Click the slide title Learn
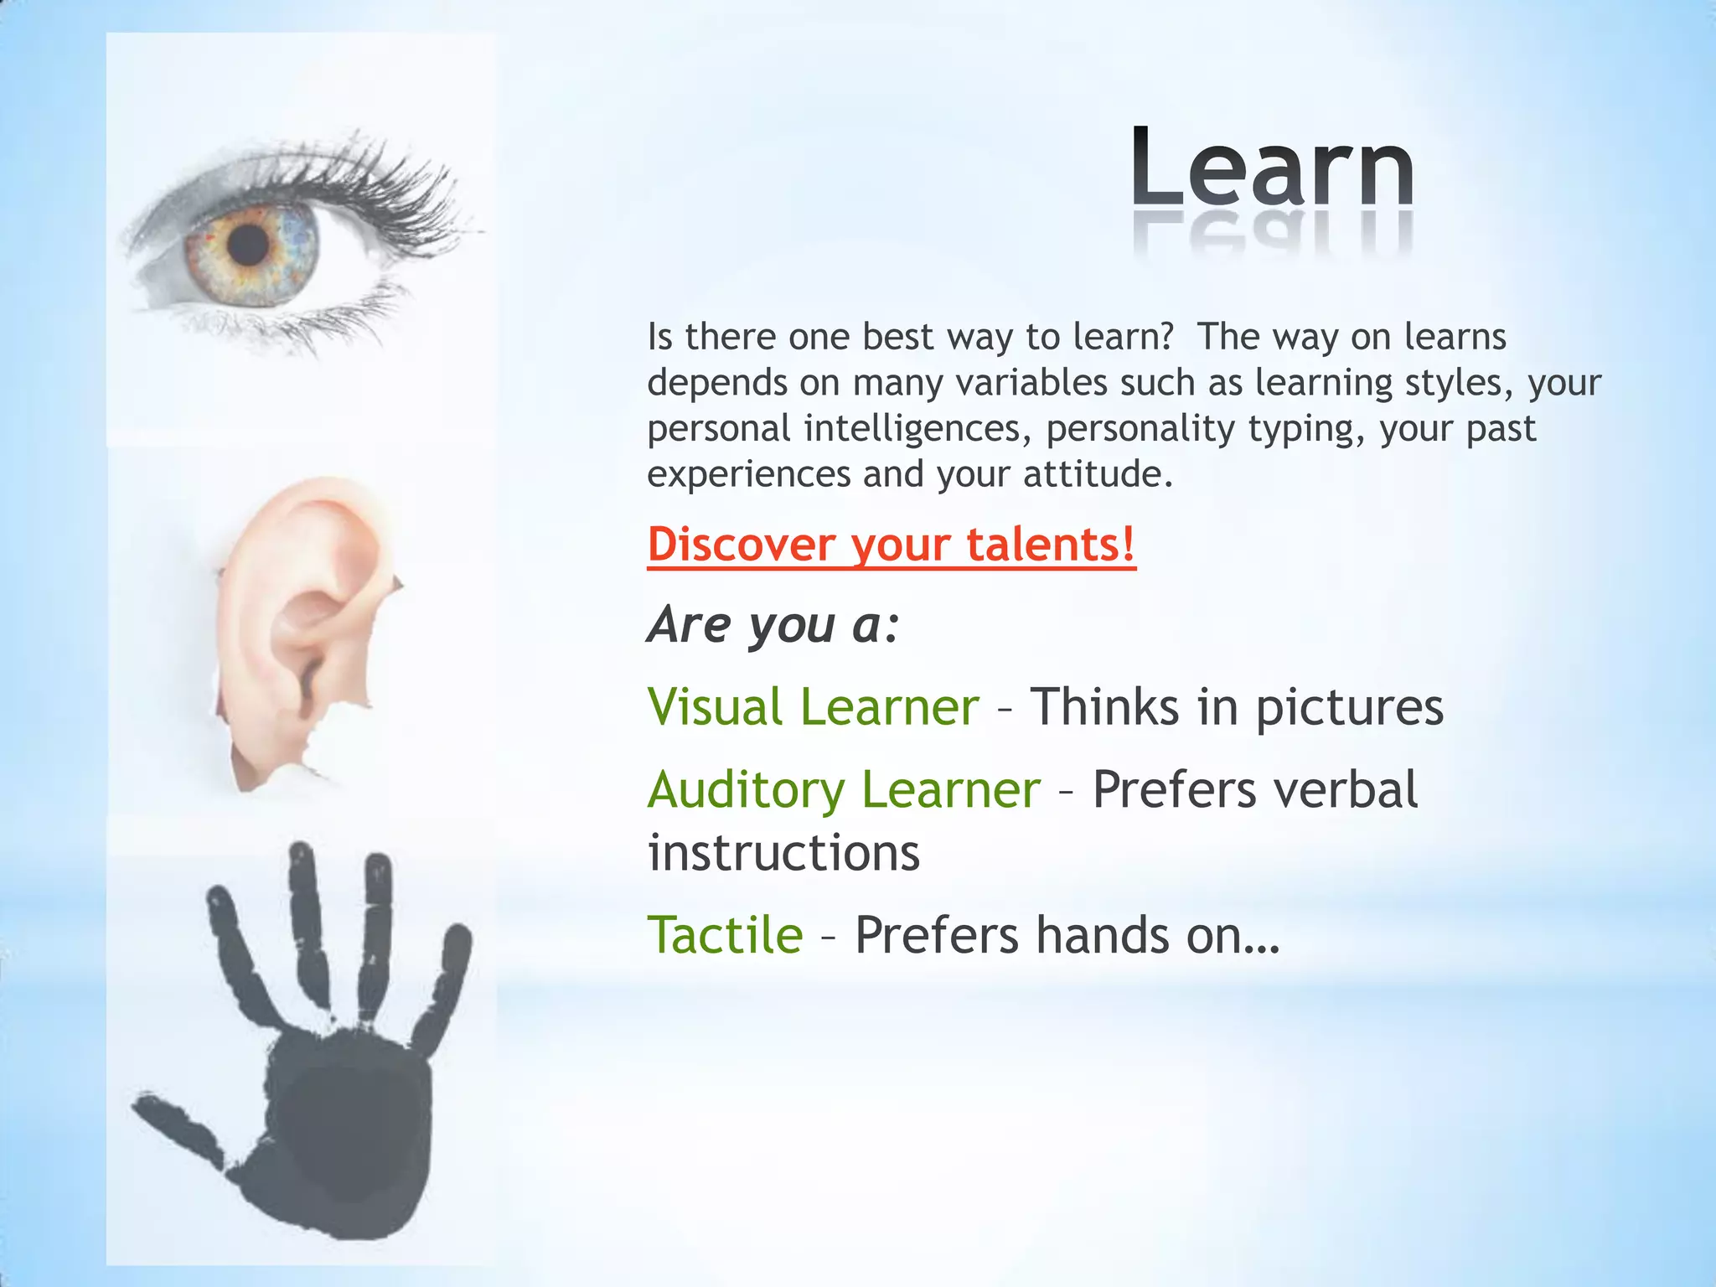pyautogui.click(x=1272, y=168)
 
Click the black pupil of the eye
pyautogui.click(x=248, y=244)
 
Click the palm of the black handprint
pyautogui.click(x=352, y=1123)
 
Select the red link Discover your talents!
pyautogui.click(x=892, y=545)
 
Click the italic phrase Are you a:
pyautogui.click(x=773, y=625)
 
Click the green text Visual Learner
pyautogui.click(x=813, y=706)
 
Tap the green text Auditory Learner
pyautogui.click(x=844, y=789)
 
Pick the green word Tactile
pyautogui.click(x=725, y=935)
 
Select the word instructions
pyautogui.click(x=783, y=853)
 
